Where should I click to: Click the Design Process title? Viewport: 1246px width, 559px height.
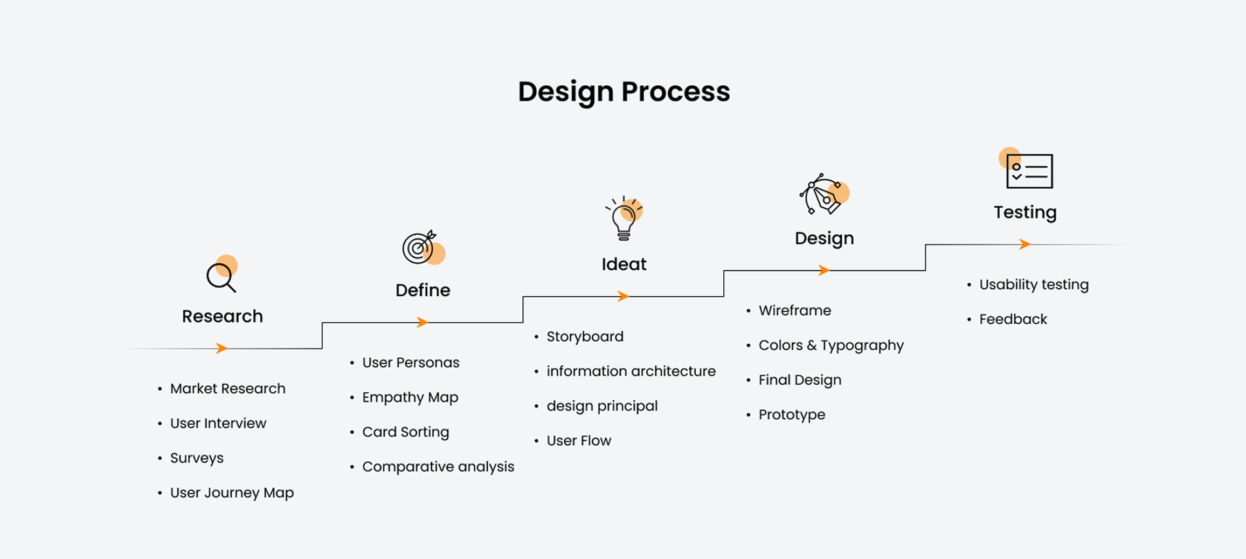click(x=624, y=92)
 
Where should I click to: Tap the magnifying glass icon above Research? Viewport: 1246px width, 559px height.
click(x=221, y=274)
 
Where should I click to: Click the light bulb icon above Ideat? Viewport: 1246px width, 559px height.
click(x=624, y=218)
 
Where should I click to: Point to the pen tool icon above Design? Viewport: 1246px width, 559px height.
click(x=824, y=194)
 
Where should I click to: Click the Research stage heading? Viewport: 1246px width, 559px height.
click(x=223, y=316)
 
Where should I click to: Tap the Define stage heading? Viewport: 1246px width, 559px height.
click(x=423, y=290)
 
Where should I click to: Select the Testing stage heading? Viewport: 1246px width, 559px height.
click(x=1025, y=213)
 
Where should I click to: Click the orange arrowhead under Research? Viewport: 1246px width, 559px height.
click(x=221, y=348)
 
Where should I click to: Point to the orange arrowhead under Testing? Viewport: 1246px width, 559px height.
click(x=1025, y=244)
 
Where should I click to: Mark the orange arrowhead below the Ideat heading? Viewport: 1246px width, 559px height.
click(x=624, y=296)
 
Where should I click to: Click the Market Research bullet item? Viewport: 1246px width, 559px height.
click(x=228, y=388)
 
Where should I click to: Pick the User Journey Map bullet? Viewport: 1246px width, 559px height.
click(x=232, y=493)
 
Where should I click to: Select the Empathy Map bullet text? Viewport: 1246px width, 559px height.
click(x=410, y=398)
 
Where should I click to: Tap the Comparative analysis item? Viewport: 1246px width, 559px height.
click(x=438, y=467)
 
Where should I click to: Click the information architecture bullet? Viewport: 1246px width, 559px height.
click(x=631, y=371)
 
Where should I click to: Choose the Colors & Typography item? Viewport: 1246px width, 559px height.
click(x=831, y=345)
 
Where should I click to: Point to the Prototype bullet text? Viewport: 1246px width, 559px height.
click(x=792, y=415)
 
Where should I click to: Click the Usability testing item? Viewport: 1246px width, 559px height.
click(x=1034, y=285)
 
